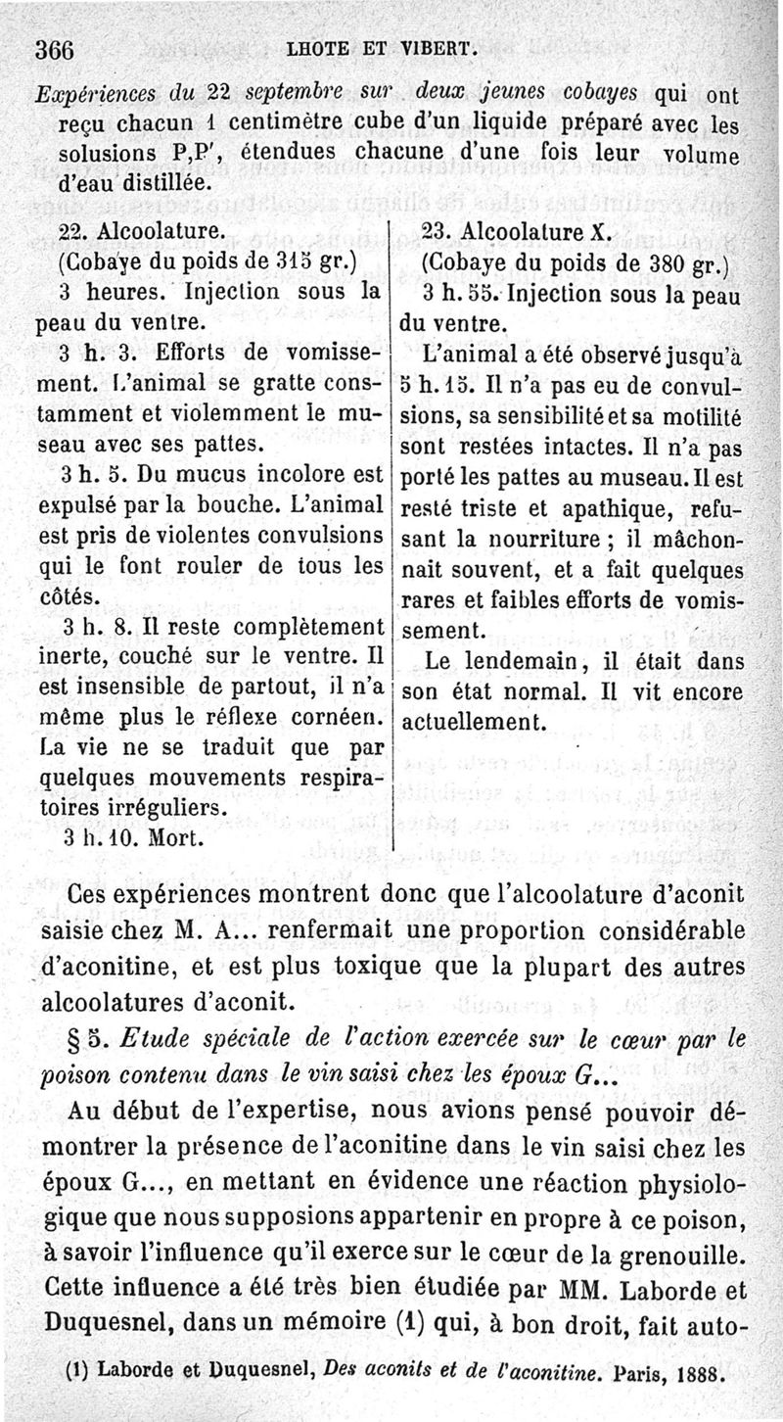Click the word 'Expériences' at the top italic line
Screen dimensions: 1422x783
click(91, 96)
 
